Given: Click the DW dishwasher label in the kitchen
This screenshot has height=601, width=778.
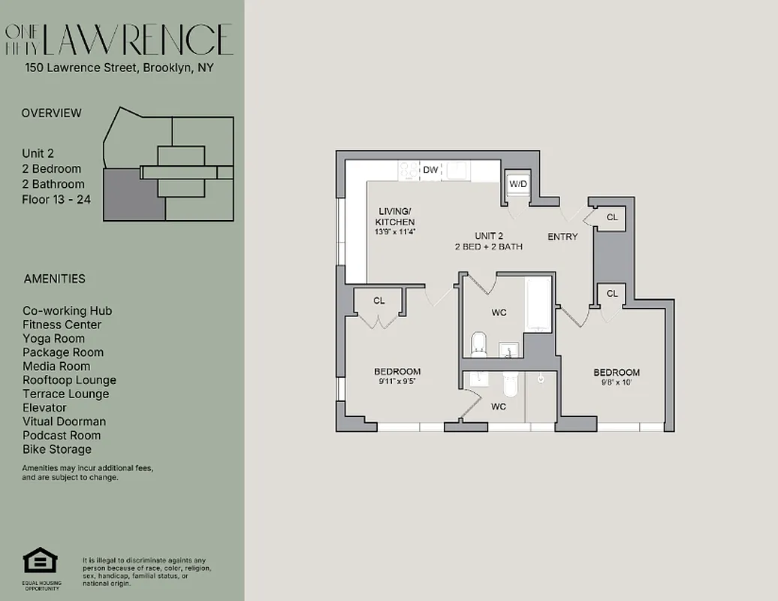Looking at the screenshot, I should tap(430, 170).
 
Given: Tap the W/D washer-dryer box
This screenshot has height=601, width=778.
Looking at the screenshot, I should tap(518, 184).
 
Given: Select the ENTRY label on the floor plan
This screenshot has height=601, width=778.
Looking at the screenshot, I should tap(562, 237).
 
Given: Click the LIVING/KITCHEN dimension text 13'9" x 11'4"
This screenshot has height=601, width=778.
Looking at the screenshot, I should tap(395, 231).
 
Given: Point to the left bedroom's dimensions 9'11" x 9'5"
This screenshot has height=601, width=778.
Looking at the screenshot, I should tap(397, 381).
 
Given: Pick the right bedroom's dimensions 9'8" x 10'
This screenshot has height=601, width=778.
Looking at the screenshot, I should tap(617, 382).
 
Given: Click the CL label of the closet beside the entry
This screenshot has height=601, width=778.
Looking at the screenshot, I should tap(612, 217).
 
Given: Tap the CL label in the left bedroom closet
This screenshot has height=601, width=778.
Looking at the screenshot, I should tap(379, 300).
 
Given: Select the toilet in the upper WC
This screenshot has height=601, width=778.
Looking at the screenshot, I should tap(478, 346).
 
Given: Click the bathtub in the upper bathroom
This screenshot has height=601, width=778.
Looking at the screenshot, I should tap(538, 304).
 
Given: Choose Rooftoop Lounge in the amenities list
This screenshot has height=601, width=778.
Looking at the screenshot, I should tap(69, 380).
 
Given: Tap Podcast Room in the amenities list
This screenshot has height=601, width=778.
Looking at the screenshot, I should tap(61, 435).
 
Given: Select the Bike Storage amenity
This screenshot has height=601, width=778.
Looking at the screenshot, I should tap(57, 449).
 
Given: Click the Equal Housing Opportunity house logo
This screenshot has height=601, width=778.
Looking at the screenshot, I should tap(41, 561).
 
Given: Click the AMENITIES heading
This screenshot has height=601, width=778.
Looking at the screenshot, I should tap(54, 279).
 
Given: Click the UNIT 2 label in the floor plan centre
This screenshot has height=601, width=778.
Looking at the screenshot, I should tap(488, 236).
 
